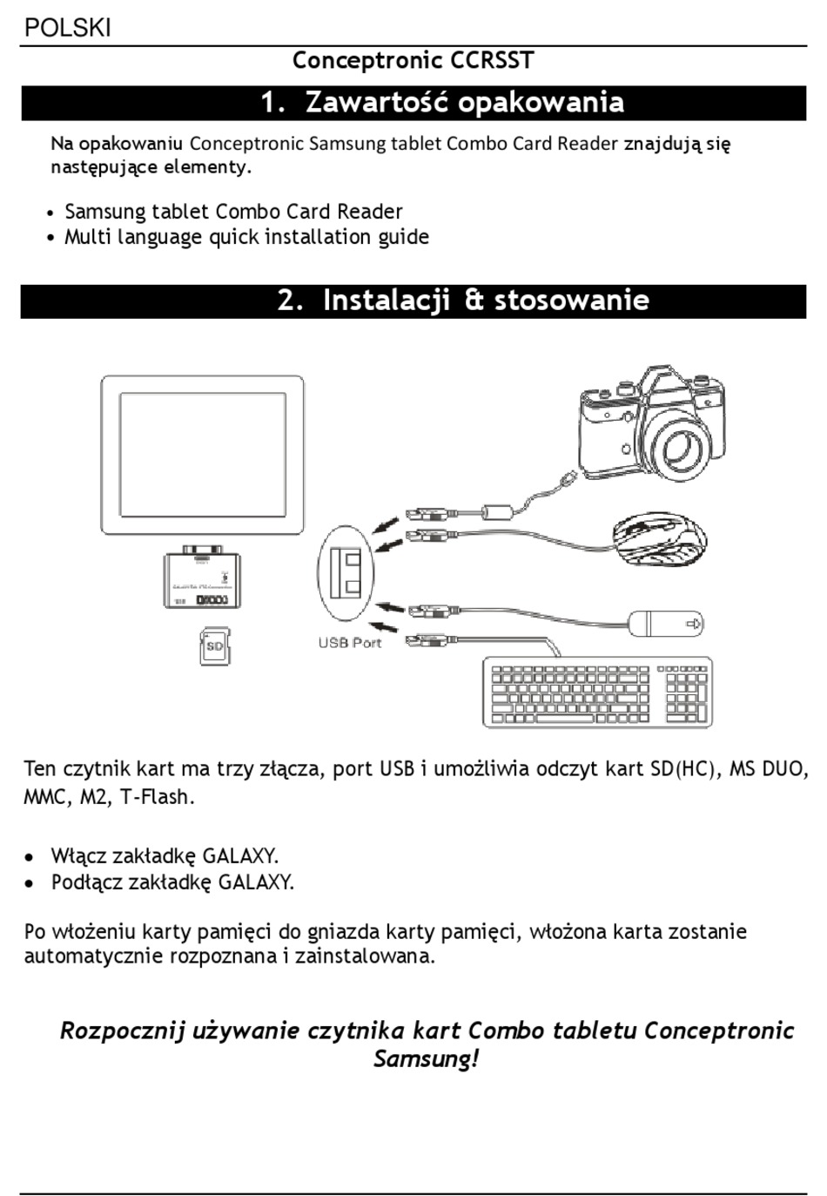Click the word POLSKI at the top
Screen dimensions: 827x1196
click(x=68, y=28)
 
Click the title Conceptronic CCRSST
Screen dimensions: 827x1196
click(x=413, y=60)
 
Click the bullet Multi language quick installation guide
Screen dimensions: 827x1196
click(x=246, y=237)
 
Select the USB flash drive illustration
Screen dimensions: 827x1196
click(x=665, y=624)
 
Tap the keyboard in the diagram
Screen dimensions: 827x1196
click(x=597, y=693)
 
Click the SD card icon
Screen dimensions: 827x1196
click(x=215, y=646)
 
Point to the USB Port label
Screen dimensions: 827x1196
click(x=350, y=643)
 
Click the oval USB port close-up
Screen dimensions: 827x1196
click(x=346, y=573)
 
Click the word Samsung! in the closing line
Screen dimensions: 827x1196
click(x=427, y=1059)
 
